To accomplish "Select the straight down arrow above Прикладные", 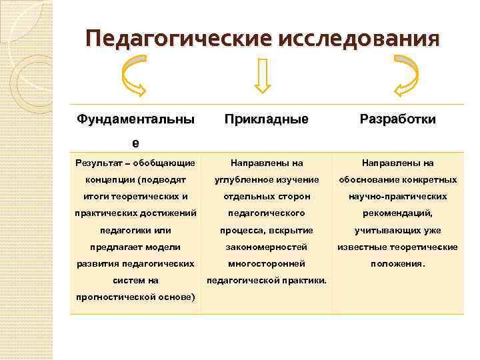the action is click(x=262, y=75).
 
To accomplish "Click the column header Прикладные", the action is click(x=267, y=119).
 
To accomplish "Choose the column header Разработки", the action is click(x=398, y=119).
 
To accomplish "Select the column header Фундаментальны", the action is click(x=135, y=119).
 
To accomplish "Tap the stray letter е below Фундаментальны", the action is click(x=136, y=142).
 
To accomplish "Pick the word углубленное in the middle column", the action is click(x=242, y=180).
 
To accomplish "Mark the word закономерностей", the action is click(x=267, y=247).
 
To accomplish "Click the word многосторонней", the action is click(x=267, y=263).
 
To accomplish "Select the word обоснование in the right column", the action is click(x=367, y=180).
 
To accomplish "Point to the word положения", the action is click(x=397, y=263).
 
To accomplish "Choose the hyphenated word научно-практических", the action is click(x=398, y=197).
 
